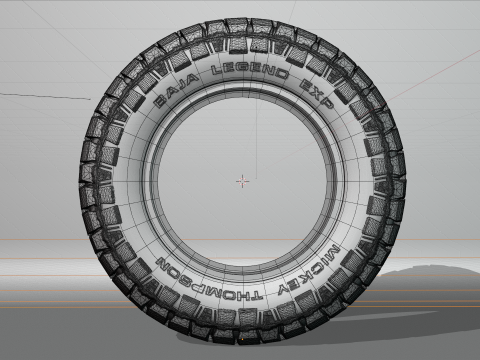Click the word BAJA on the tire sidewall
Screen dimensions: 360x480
click(x=177, y=89)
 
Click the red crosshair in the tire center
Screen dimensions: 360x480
click(x=242, y=181)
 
